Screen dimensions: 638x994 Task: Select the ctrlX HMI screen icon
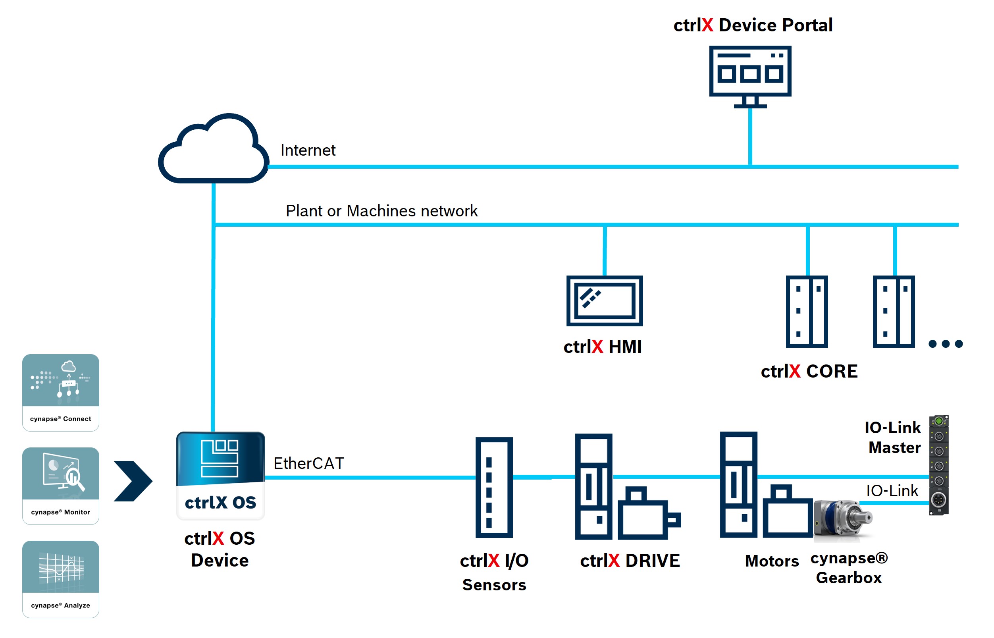(604, 301)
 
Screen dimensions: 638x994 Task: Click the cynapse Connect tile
(60, 392)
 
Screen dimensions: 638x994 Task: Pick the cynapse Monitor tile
(60, 486)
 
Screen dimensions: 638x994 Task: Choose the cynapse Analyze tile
(60, 579)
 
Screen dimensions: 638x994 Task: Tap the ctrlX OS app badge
(220, 475)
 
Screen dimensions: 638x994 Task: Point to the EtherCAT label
(308, 463)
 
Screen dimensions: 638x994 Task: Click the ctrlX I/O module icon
(494, 487)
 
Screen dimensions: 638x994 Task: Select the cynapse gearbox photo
(843, 520)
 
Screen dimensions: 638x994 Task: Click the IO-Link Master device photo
(938, 465)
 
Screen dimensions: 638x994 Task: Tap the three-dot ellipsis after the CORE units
(945, 344)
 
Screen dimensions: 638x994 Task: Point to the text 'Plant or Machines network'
(381, 211)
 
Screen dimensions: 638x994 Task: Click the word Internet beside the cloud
(308, 150)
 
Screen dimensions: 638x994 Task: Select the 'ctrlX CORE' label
(809, 371)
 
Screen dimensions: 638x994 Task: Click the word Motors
(772, 561)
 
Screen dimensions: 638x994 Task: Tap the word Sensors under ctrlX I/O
(494, 584)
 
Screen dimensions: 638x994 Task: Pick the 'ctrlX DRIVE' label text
(630, 561)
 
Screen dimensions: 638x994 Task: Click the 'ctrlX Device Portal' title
(753, 25)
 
